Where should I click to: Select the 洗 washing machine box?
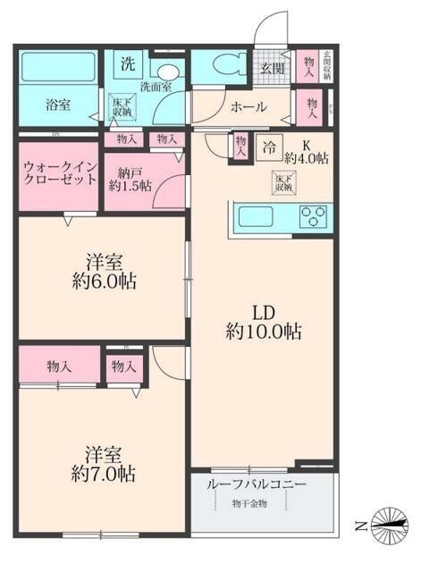(128, 63)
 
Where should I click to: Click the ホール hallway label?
(248, 106)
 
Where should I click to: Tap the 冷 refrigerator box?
(268, 149)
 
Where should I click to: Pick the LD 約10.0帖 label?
(263, 322)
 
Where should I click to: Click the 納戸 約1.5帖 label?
(128, 178)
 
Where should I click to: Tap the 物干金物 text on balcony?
(251, 502)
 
